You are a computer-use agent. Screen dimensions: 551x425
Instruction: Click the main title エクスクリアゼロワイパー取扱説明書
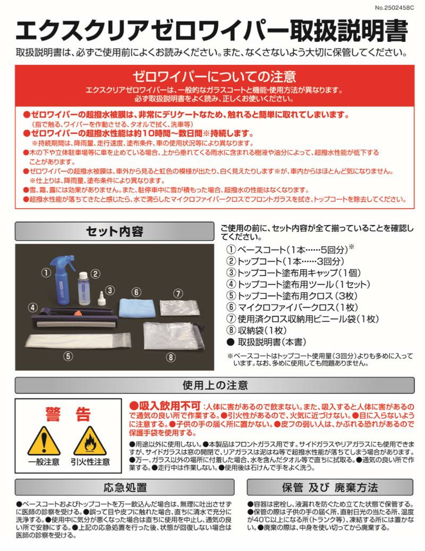tap(212, 31)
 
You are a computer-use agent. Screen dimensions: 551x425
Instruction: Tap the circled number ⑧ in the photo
tap(171, 357)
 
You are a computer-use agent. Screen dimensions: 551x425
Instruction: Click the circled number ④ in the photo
tap(32, 307)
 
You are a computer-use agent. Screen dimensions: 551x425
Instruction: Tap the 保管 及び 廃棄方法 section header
tap(329, 487)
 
